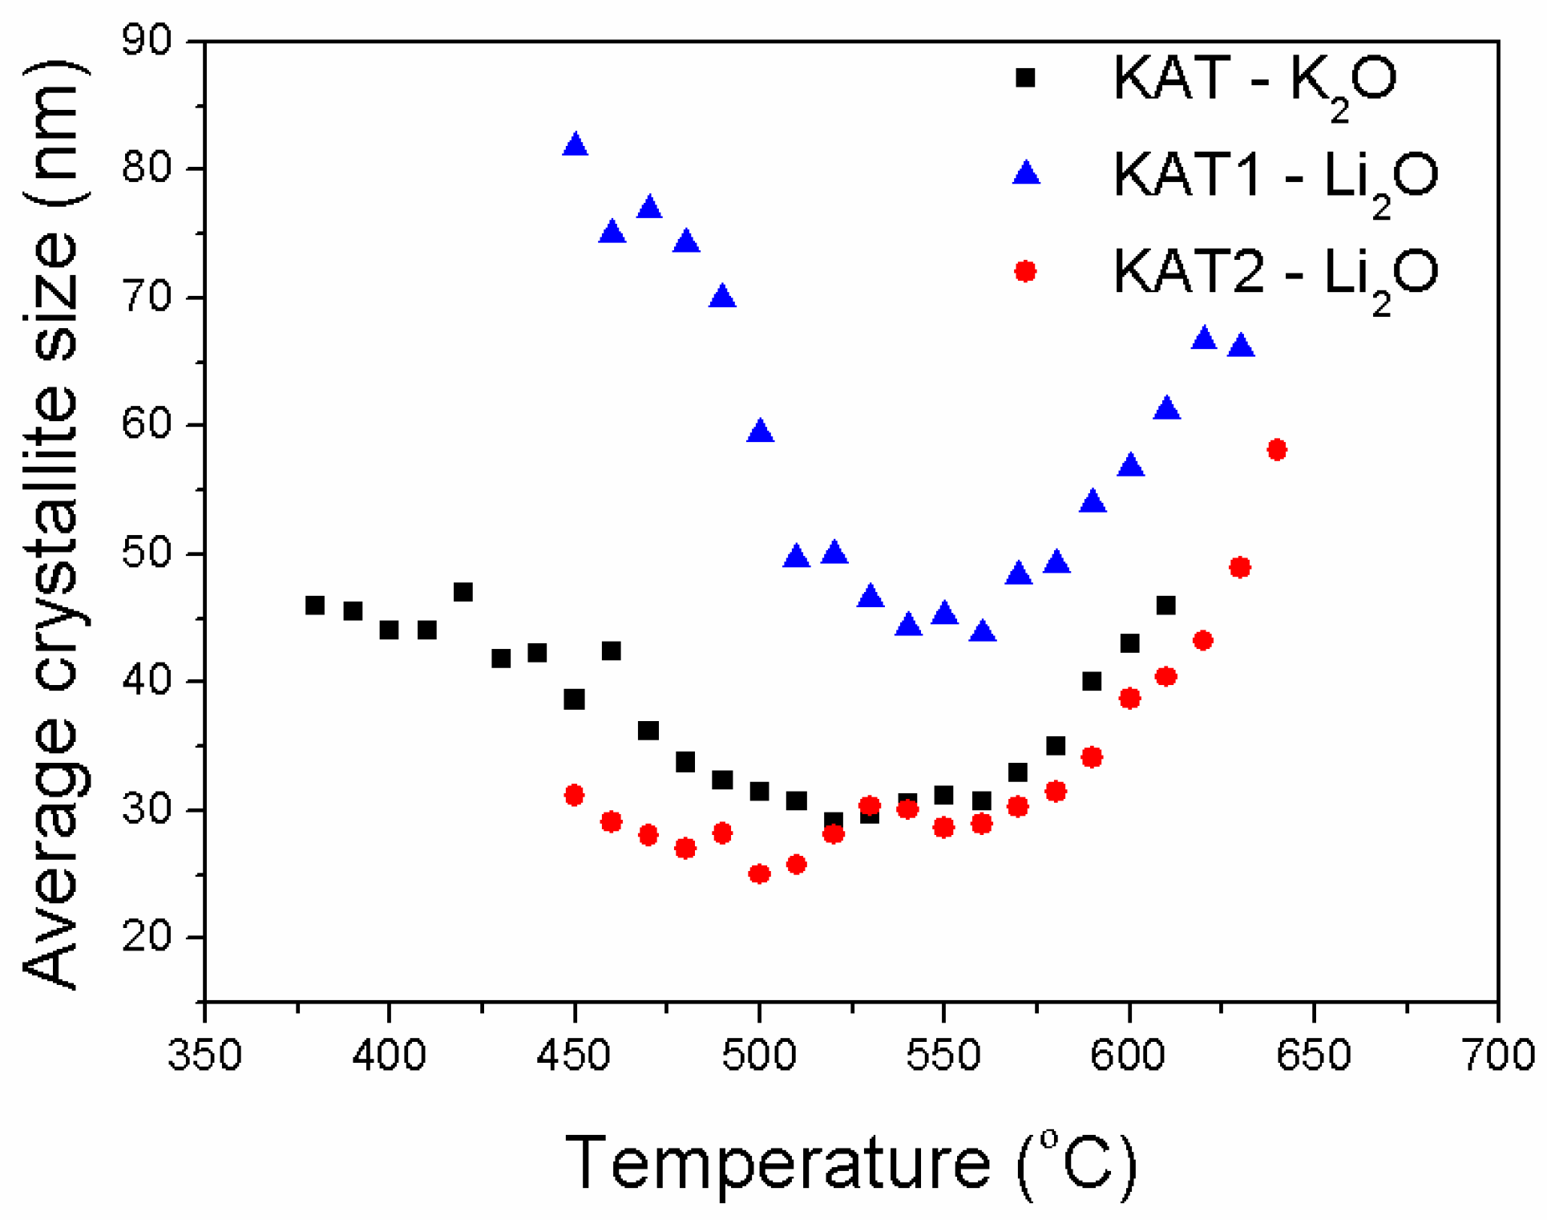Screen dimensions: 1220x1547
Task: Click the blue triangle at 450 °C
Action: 575,145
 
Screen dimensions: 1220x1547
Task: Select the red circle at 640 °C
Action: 1277,449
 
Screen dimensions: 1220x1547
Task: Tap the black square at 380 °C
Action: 315,605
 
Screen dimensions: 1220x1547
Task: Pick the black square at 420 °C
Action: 463,592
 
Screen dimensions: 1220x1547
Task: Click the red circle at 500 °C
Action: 759,873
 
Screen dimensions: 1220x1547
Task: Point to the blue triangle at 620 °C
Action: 1203,338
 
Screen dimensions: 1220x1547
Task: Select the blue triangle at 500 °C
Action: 760,432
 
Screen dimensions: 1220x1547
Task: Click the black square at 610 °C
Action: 1166,605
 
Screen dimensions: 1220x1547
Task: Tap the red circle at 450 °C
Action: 574,795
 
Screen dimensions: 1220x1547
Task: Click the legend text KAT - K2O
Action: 1254,80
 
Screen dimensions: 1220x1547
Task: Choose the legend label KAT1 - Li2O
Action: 1274,176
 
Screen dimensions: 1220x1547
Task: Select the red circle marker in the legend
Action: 1025,271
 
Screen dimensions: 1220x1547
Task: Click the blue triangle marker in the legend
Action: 1026,173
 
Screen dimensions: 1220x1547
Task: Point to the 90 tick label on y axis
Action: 147,40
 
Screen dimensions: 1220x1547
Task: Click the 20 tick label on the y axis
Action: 147,936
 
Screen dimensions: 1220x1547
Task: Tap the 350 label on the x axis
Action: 204,1055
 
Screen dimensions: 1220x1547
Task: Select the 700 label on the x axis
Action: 1497,1055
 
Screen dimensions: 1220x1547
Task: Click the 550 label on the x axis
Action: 943,1055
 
